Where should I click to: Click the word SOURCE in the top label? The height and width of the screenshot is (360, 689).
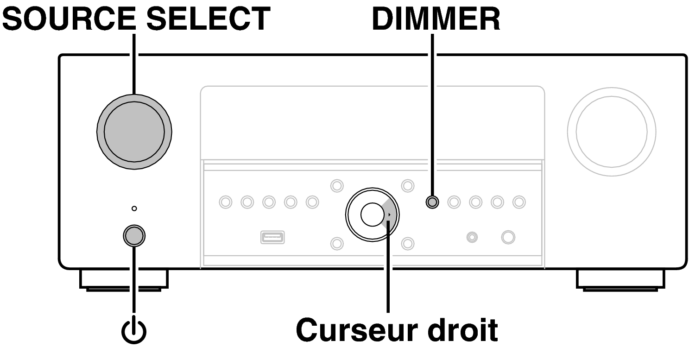[69, 19]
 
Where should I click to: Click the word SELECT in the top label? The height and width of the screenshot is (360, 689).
[209, 19]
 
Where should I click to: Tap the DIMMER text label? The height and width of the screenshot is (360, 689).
[436, 19]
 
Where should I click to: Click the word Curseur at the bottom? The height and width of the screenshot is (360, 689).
[356, 330]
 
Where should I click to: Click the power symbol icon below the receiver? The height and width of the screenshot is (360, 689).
[134, 331]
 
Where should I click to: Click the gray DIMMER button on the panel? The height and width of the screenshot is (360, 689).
[432, 202]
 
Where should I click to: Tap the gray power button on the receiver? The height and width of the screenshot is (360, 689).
[134, 236]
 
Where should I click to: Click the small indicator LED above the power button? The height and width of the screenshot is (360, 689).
[134, 208]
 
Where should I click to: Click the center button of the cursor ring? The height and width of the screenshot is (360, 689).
[372, 215]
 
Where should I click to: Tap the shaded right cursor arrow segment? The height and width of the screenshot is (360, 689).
[390, 215]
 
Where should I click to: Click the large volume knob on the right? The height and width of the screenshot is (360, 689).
[612, 132]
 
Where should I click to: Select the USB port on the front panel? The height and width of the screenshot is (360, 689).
[272, 237]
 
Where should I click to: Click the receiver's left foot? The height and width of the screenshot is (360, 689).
[124, 281]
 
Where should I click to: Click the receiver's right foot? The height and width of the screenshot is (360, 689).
[620, 281]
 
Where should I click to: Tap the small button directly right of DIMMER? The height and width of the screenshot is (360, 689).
[454, 202]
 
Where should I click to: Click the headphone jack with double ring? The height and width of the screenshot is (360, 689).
[472, 237]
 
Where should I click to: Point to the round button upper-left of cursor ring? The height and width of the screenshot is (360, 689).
[337, 186]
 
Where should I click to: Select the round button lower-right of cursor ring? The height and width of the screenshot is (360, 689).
[408, 243]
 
